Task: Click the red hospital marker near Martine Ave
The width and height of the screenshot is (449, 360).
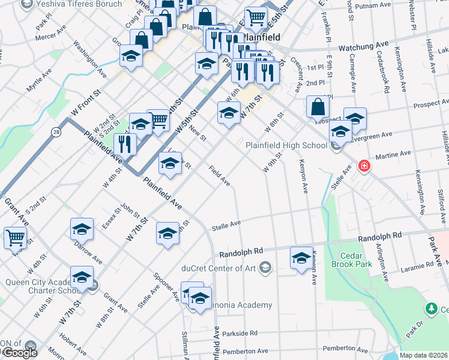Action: tap(363, 166)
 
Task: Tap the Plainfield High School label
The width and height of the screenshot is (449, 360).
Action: tap(286, 145)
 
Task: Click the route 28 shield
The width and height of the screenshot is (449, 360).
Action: tap(55, 131)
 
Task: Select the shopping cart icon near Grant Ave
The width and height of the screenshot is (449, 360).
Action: tap(15, 238)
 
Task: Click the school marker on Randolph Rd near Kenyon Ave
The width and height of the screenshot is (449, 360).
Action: tap(301, 258)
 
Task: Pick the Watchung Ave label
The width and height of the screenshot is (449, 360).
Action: tap(364, 46)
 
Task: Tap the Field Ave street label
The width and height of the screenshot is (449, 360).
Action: tap(219, 175)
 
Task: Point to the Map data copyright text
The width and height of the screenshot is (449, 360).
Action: tap(423, 355)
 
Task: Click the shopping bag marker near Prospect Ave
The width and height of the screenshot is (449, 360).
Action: tap(318, 107)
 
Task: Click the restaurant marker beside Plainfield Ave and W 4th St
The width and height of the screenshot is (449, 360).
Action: tap(125, 144)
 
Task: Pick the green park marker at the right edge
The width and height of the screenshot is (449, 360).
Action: tap(430, 310)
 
